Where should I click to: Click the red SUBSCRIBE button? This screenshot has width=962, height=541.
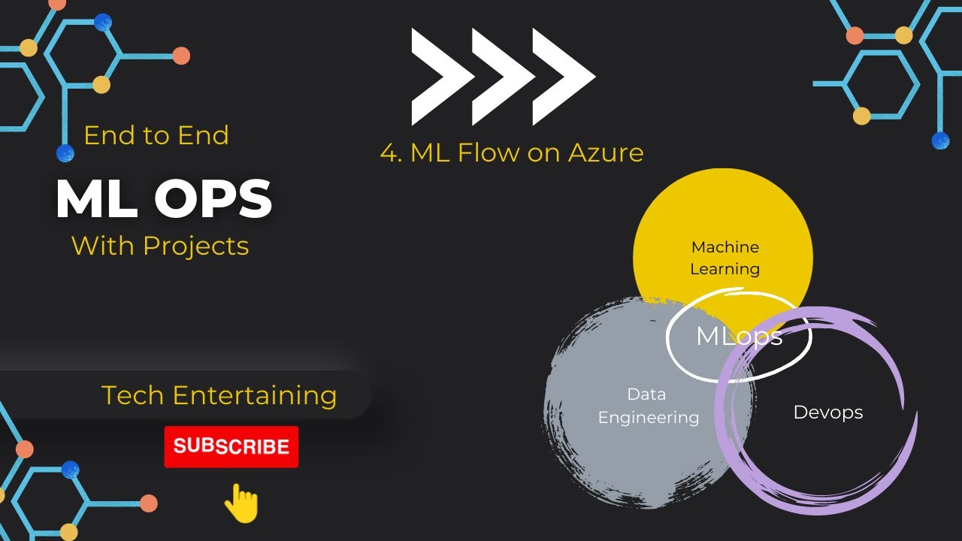pos(231,446)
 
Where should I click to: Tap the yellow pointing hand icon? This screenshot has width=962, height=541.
pos(241,503)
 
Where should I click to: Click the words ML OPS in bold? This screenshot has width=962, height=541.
pos(164,200)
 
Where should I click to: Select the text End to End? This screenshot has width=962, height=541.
pos(156,135)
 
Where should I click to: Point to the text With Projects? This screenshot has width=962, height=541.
pos(160,246)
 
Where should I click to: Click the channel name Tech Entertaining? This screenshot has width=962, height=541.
pos(219,395)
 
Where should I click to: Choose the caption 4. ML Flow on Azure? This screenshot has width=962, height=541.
pos(512,153)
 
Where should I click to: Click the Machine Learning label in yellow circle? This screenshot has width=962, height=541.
pos(725,258)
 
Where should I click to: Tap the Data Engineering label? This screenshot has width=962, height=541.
pos(648,406)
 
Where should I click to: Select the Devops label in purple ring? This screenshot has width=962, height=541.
pos(828,412)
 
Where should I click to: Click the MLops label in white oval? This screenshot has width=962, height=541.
pos(739,336)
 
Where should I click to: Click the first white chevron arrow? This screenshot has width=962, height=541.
pos(440,76)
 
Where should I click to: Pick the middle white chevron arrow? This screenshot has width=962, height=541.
pos(501,76)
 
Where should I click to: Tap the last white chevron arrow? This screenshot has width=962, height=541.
pos(563,76)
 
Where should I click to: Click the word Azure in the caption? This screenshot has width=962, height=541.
pos(606,153)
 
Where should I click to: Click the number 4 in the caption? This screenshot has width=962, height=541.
pos(389,153)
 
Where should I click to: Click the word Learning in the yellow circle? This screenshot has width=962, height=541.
pos(725,268)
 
